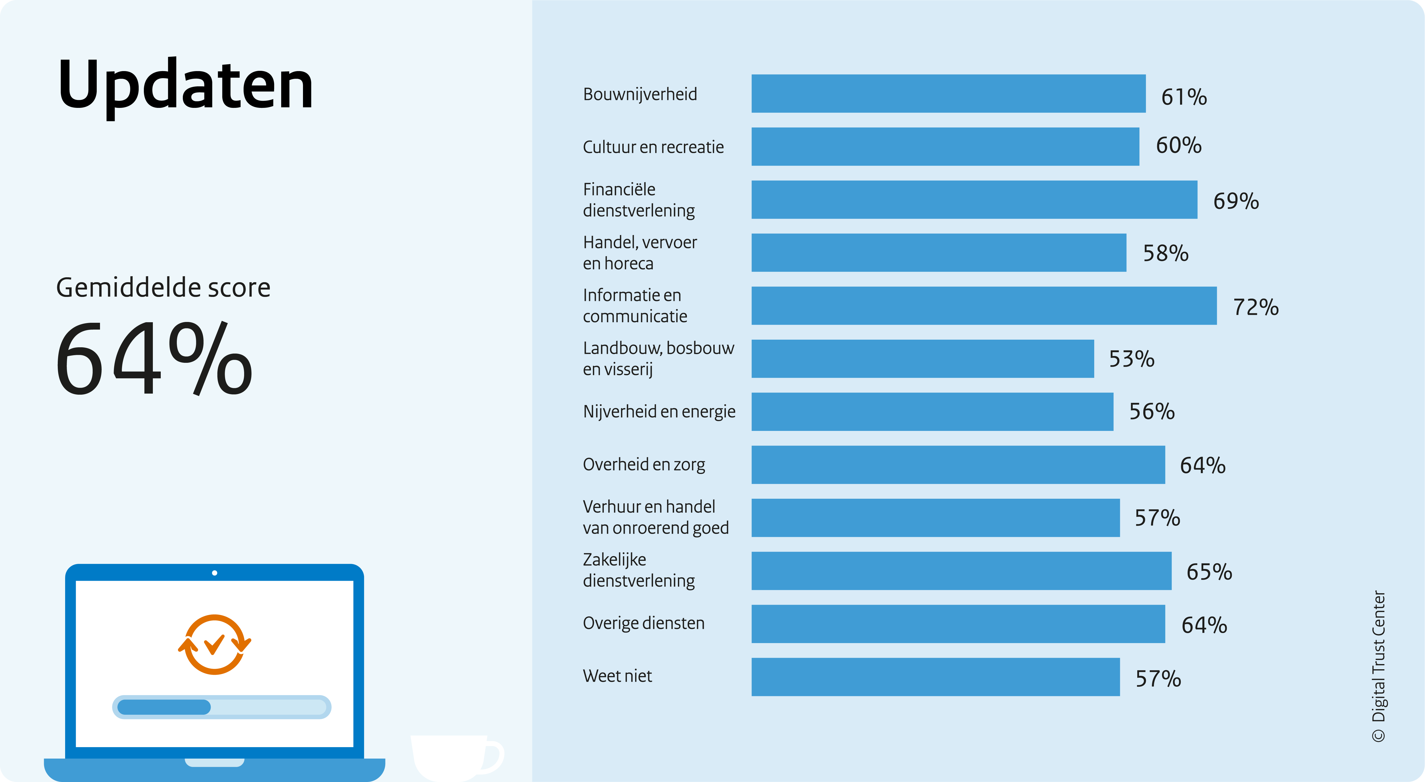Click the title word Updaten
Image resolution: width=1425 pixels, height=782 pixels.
pos(185,86)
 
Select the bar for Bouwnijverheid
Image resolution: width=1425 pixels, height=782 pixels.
pos(948,93)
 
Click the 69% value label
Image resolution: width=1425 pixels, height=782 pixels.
pos(1236,201)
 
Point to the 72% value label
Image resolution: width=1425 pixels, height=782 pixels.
pos(1256,307)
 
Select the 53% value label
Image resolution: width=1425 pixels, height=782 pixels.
pos(1131,359)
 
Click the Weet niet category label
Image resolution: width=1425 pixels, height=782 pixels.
pos(617,676)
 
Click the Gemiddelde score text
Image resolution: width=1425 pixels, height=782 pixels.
pos(163,288)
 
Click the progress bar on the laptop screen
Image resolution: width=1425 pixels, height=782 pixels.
pos(221,707)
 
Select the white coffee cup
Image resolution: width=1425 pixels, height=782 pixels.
pos(456,758)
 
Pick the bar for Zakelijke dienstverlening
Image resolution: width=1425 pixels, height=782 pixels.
pos(961,571)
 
